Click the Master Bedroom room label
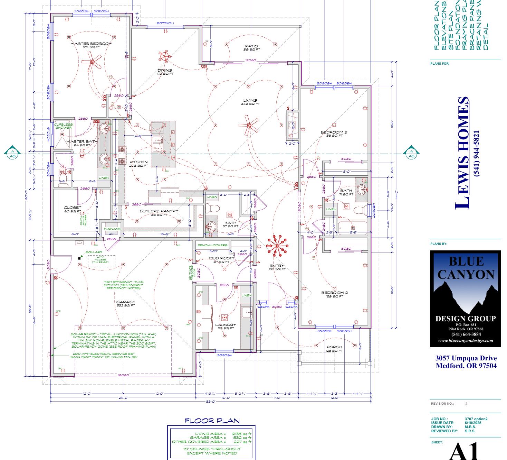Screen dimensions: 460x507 tap(92, 44)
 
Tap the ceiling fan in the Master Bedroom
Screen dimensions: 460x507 tap(92, 62)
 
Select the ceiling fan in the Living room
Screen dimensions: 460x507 tap(249, 125)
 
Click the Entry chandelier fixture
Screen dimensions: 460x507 tap(277, 246)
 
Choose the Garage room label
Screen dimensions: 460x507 tap(126, 302)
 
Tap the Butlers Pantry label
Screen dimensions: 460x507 tap(159, 211)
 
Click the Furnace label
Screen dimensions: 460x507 tap(112, 229)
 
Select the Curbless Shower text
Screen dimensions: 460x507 tap(64, 126)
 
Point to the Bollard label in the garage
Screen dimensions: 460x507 tap(94, 252)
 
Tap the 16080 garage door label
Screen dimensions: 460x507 tap(123, 375)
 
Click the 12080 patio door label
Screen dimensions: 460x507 tap(251, 60)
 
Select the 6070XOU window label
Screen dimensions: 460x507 tap(165, 24)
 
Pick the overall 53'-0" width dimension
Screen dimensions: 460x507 tap(211, 402)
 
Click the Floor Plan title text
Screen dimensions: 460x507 tap(212, 421)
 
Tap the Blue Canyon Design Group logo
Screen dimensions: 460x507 tap(465, 298)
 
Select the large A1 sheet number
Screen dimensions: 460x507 tap(465, 451)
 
